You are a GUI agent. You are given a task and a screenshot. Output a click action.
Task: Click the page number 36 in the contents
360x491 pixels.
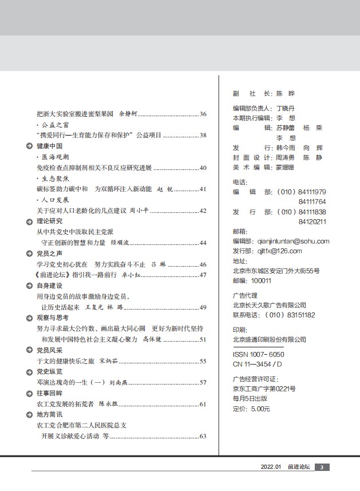[203, 114]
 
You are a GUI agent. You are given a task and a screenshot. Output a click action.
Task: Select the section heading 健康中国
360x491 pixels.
[49, 146]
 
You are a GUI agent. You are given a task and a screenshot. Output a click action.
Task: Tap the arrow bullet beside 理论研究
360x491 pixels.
[29, 221]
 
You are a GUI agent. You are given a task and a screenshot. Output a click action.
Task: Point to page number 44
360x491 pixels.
[203, 243]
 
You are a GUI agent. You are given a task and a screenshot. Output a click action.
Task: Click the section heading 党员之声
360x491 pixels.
[49, 253]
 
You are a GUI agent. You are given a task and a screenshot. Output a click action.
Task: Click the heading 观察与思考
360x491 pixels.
[53, 317]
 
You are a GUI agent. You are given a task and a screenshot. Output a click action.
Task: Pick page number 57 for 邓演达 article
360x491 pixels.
[203, 382]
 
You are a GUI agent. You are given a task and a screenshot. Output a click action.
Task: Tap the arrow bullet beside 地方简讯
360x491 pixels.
[29, 414]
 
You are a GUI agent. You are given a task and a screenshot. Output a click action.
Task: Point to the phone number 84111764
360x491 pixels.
[312, 201]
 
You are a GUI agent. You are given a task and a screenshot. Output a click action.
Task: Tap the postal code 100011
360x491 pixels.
[261, 280]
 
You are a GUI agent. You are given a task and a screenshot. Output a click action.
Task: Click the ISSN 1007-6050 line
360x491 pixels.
[259, 354]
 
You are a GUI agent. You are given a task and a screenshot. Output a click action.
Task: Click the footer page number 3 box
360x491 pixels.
[322, 467]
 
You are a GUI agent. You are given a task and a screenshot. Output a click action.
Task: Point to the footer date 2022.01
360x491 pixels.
[271, 467]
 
